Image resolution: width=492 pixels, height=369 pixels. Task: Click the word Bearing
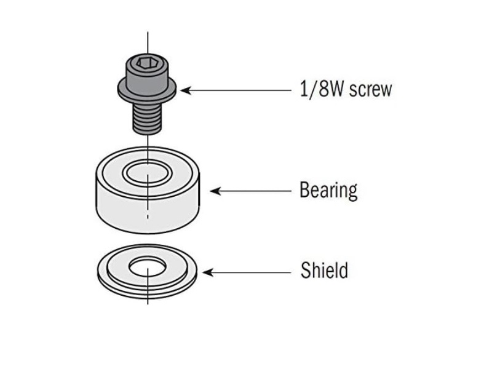pos(328,190)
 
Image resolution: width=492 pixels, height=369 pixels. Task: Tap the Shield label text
pos(324,271)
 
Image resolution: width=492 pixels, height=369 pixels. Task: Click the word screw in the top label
pos(370,90)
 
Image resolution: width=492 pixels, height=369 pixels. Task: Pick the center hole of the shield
pos(148,267)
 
